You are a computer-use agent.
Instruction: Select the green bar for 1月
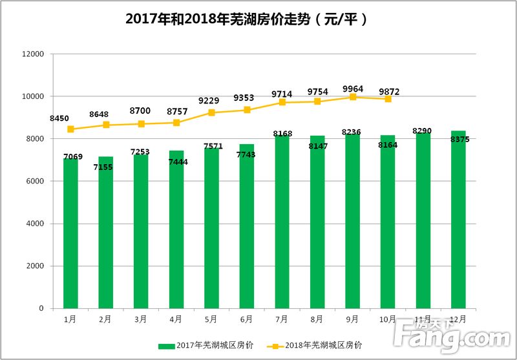click(70, 233)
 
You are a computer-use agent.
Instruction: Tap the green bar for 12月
click(458, 220)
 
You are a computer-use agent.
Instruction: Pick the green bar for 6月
click(247, 226)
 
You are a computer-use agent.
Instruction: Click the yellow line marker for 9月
click(353, 97)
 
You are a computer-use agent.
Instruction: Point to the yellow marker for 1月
click(70, 129)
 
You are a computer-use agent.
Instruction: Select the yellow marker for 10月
click(388, 99)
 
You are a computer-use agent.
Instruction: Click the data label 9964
click(352, 89)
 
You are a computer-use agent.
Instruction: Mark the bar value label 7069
click(73, 157)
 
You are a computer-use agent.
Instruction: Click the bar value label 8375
click(459, 140)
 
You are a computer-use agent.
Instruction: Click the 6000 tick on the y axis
click(34, 182)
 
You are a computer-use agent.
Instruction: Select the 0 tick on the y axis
click(41, 309)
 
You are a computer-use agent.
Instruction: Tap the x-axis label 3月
click(141, 319)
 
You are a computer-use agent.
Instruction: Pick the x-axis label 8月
click(317, 319)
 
